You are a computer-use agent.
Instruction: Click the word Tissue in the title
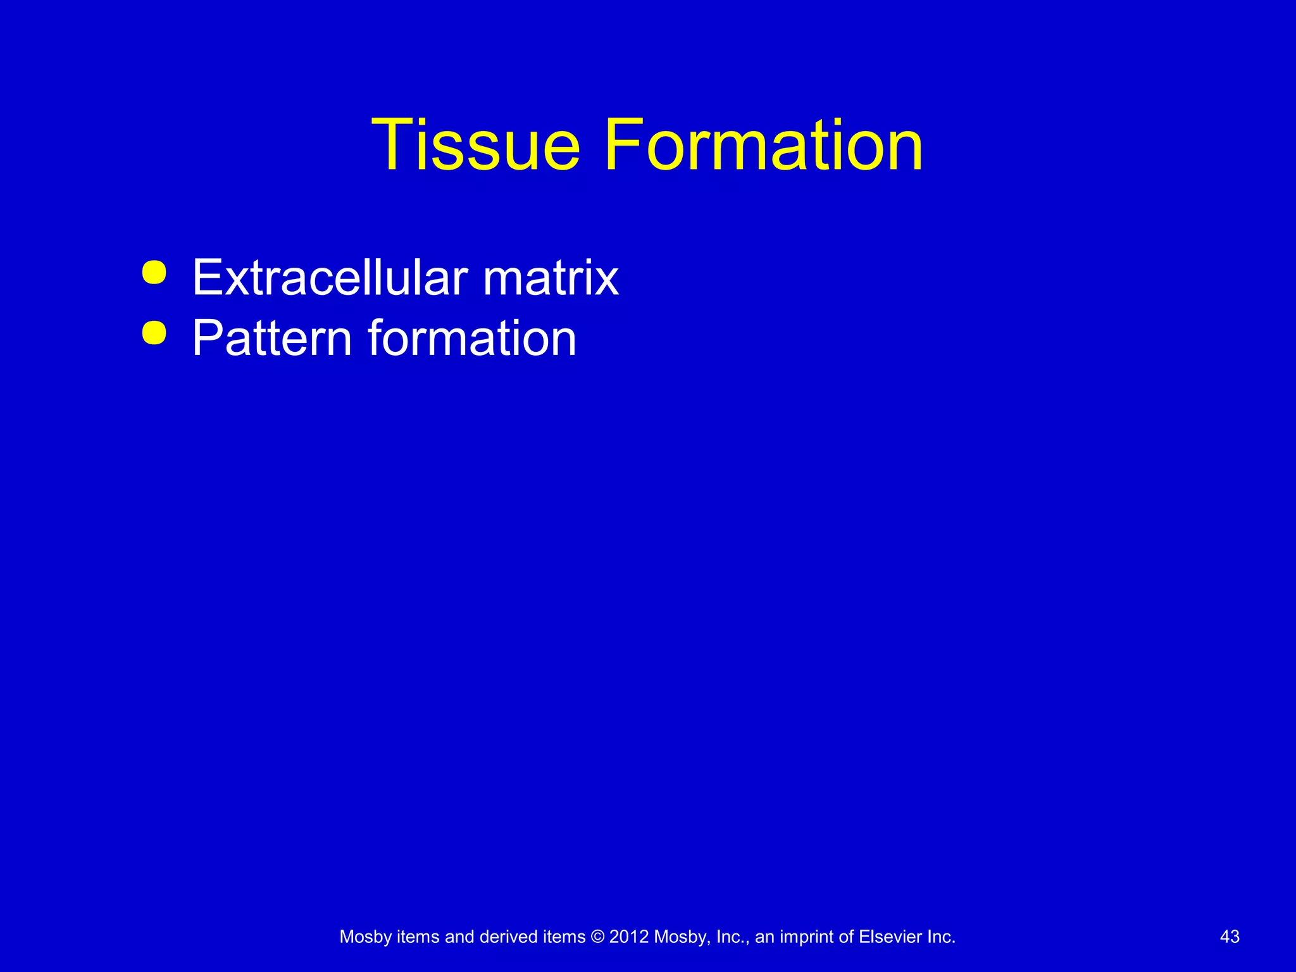pyautogui.click(x=475, y=145)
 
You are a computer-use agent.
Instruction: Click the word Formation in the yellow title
pyautogui.click(x=763, y=145)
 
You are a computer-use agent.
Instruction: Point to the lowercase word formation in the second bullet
pyautogui.click(x=472, y=338)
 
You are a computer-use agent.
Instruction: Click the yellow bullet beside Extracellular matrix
pyautogui.click(x=154, y=273)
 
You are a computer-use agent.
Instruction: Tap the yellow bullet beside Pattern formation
pyautogui.click(x=154, y=333)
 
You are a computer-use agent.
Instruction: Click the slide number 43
pyautogui.click(x=1230, y=937)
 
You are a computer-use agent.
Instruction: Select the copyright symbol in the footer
pyautogui.click(x=597, y=937)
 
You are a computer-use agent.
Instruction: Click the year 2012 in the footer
pyautogui.click(x=629, y=937)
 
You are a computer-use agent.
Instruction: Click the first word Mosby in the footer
pyautogui.click(x=366, y=937)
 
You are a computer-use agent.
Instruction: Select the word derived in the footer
pyautogui.click(x=508, y=937)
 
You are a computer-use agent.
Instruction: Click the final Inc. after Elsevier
pyautogui.click(x=941, y=937)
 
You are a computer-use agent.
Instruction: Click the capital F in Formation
pyautogui.click(x=623, y=145)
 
